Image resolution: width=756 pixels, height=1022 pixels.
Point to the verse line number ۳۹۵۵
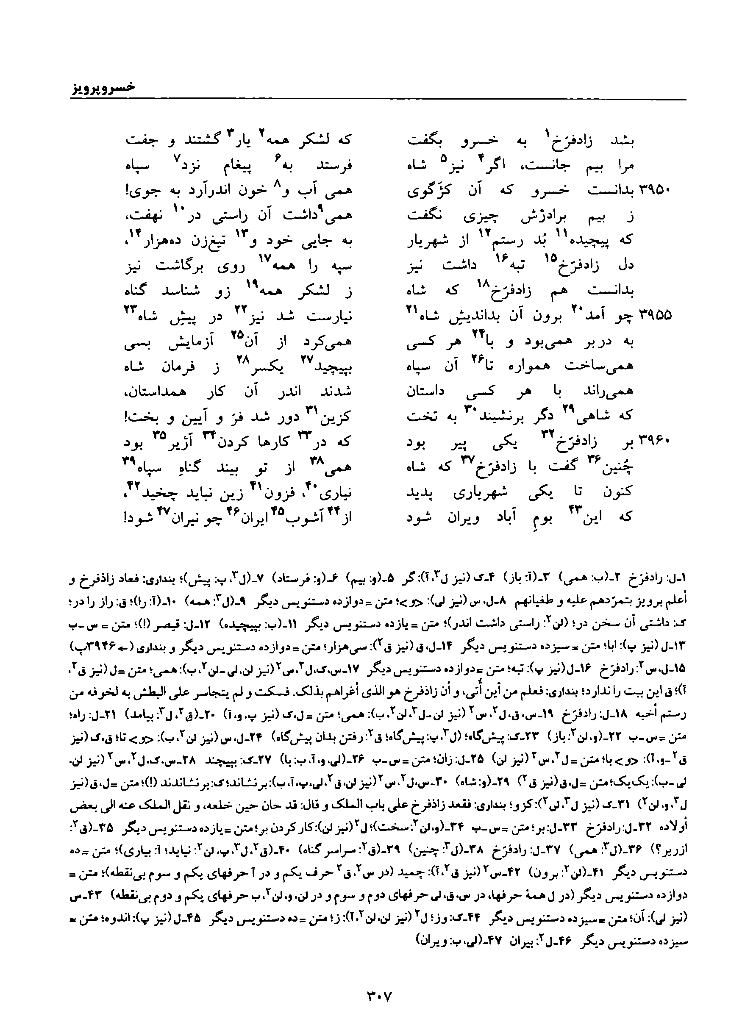pyautogui.click(x=655, y=316)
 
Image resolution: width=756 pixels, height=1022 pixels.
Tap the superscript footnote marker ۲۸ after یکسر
pyautogui.click(x=241, y=360)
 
